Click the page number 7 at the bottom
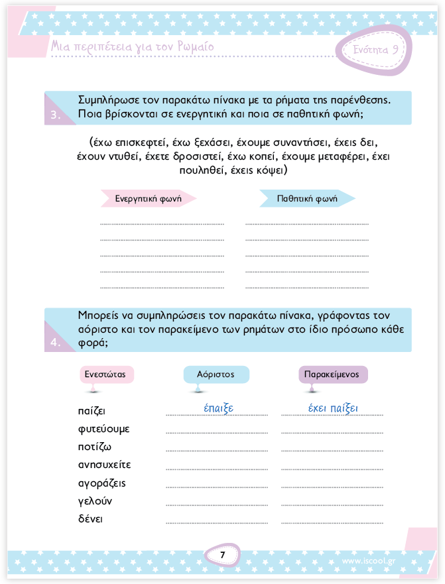point(223,555)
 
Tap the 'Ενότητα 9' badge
point(375,50)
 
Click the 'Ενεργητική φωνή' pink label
point(147,198)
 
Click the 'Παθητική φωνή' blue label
point(307,198)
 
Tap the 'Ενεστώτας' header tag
point(106,375)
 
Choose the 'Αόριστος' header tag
point(216,375)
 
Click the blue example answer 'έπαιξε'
point(218,408)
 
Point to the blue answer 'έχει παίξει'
point(333,408)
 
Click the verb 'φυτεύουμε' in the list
point(103,429)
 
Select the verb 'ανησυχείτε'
point(105,465)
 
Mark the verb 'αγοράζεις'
point(101,483)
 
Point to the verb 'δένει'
point(90,518)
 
